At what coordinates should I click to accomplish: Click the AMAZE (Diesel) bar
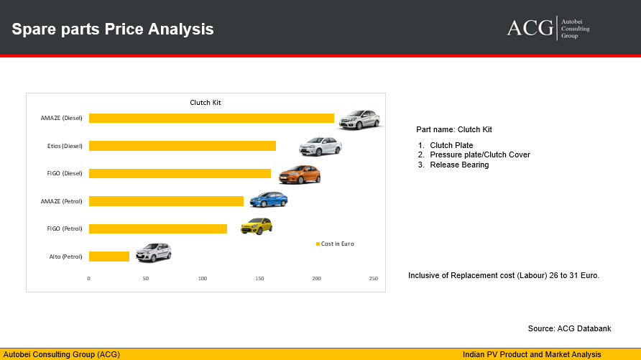(211, 118)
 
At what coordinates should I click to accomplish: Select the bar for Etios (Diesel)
(183, 146)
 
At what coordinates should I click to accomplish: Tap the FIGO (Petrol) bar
(158, 229)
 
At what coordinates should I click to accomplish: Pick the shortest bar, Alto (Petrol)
(109, 257)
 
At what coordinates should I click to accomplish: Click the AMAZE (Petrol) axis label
(61, 201)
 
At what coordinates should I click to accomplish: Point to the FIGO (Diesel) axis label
(65, 173)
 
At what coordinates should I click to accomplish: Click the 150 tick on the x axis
(259, 278)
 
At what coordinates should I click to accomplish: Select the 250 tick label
(373, 278)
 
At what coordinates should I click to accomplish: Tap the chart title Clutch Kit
(206, 103)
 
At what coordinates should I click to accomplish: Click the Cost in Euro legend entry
(335, 244)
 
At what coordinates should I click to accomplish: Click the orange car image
(300, 175)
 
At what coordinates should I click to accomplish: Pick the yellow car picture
(257, 226)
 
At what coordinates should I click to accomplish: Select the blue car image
(269, 200)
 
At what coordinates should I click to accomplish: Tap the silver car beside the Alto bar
(154, 252)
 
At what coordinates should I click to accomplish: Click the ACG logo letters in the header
(530, 28)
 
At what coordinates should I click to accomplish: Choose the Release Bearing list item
(459, 165)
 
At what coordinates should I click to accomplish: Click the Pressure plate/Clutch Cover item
(480, 155)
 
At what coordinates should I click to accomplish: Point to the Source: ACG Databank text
(569, 328)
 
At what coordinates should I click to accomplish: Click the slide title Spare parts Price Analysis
(113, 29)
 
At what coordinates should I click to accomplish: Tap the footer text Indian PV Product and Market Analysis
(532, 354)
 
